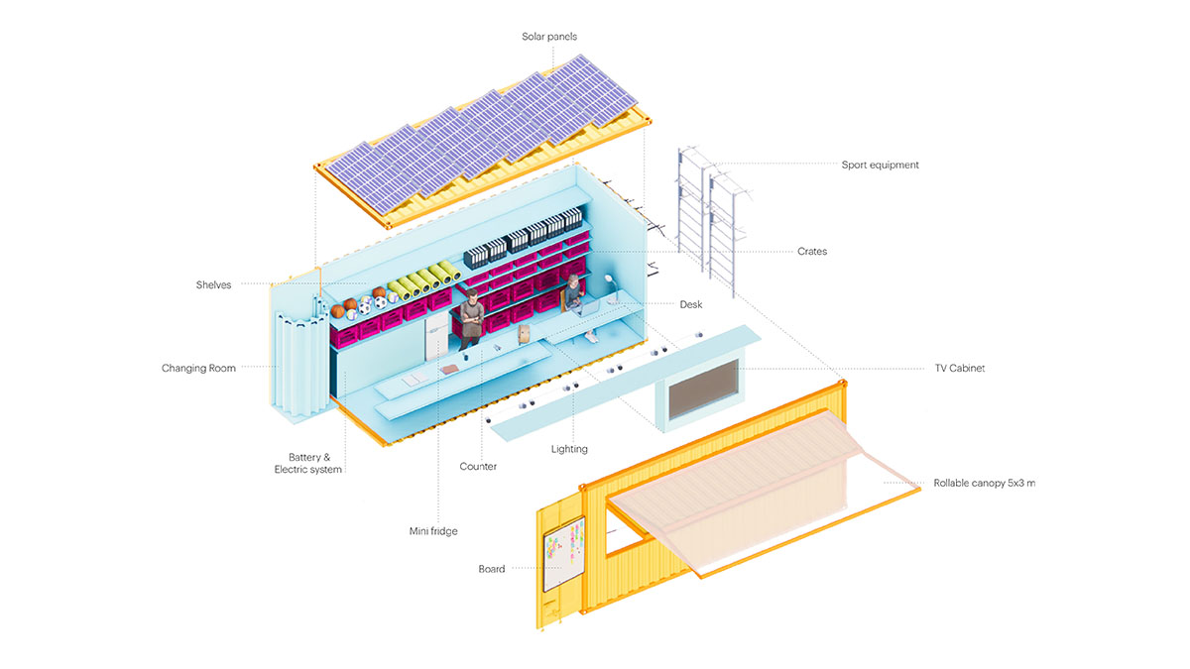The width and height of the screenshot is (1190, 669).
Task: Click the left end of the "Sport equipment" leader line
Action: [715, 165]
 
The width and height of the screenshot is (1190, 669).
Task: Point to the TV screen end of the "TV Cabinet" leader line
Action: [740, 368]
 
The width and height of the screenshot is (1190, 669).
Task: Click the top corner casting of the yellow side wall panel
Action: [842, 382]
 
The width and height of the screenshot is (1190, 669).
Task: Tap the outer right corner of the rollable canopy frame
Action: [920, 489]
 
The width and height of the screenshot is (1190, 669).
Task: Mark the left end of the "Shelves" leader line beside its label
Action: [241, 283]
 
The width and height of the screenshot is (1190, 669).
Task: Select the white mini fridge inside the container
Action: [436, 337]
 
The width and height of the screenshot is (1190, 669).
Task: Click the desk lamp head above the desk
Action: [609, 278]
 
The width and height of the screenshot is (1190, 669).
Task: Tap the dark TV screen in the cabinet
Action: [703, 390]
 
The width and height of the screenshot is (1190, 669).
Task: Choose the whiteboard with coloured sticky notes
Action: [563, 553]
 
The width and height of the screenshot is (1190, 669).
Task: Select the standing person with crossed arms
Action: [470, 319]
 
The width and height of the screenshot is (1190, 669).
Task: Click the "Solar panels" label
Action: [548, 36]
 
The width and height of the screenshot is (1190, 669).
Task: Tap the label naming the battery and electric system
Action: [308, 463]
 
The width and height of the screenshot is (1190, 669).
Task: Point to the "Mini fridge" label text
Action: [433, 531]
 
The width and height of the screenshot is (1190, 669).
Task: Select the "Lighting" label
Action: [569, 449]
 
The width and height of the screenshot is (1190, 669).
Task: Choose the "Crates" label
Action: [812, 251]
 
